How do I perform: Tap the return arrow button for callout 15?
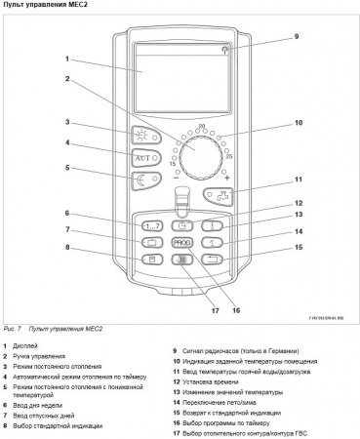point(215,258)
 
